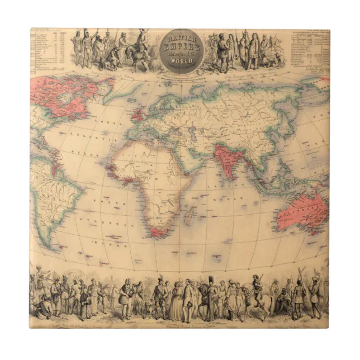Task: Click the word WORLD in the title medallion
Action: (x=182, y=58)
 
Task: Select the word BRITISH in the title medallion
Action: (x=182, y=39)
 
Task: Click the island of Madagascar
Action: (x=191, y=216)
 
